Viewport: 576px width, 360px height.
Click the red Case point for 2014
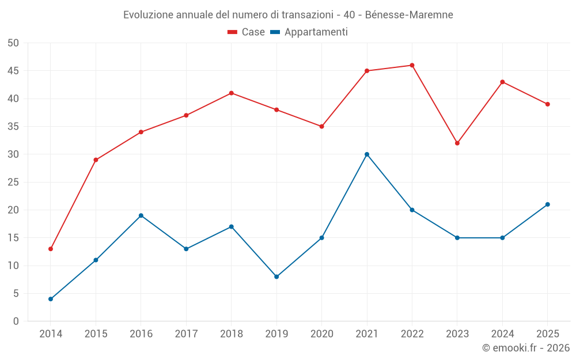coord(51,249)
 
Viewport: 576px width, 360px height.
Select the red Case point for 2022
coord(412,66)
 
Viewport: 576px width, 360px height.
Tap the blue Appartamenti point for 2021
coord(367,154)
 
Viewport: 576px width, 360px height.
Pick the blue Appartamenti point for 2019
coord(276,277)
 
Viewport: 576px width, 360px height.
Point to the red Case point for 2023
coord(457,143)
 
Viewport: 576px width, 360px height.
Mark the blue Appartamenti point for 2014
coord(51,299)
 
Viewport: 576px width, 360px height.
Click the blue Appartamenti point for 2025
coord(548,204)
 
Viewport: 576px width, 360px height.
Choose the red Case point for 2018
coord(232,93)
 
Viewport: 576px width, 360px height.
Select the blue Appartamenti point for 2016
coord(141,215)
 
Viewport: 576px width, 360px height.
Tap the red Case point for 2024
coord(502,82)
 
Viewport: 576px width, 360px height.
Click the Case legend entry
coord(246,32)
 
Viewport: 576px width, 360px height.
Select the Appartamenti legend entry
coord(309,32)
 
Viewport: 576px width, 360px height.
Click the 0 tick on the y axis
coord(16,321)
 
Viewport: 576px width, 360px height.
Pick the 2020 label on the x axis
coord(322,334)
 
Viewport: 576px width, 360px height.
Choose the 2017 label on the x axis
coord(186,334)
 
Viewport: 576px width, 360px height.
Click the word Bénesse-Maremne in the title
coord(409,15)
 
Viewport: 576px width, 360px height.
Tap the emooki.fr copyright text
coord(526,348)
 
